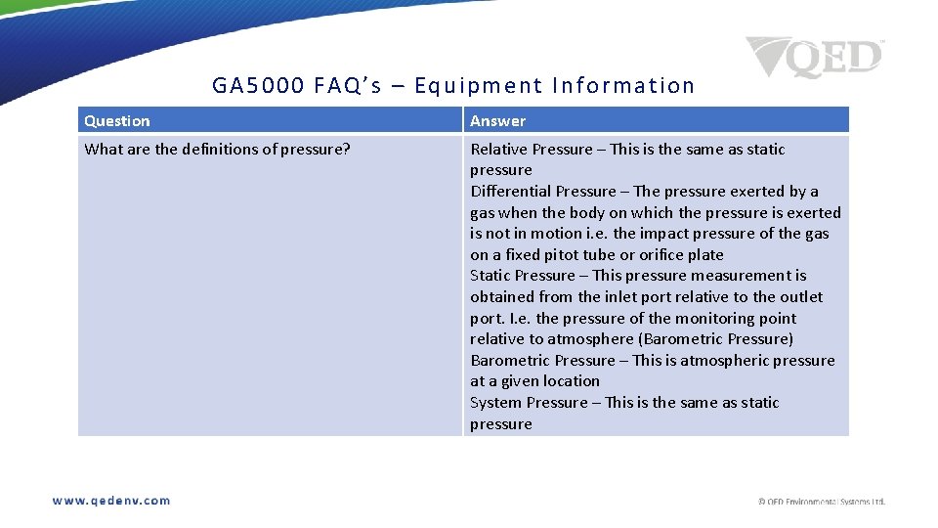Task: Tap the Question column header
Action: [x=117, y=121]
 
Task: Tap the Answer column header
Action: [x=497, y=121]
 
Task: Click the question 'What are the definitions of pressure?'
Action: [x=217, y=150]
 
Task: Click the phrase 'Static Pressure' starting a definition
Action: [x=523, y=276]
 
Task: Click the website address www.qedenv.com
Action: [x=111, y=501]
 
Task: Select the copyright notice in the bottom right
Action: [x=822, y=502]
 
